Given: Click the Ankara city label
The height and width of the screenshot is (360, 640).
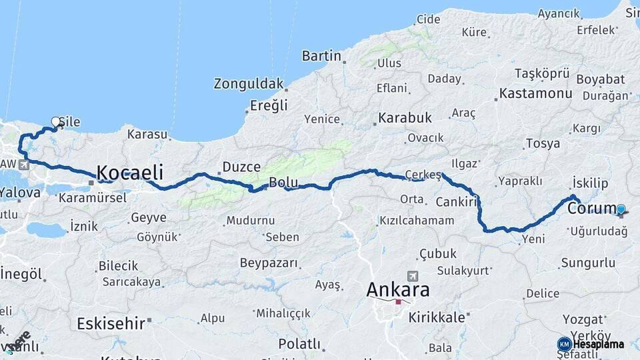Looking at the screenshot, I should coord(398,290).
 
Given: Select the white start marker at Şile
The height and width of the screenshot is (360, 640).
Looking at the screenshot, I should coord(55,122).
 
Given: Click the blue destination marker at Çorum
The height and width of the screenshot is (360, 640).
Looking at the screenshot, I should coord(621,209).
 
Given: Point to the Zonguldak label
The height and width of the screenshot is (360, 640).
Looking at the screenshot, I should coord(248,84).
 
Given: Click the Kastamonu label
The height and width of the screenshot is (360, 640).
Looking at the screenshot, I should coord(535,93).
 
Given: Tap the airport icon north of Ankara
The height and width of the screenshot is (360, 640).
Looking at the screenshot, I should coord(412,275).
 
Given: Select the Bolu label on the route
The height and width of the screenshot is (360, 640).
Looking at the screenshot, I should coord(283,183).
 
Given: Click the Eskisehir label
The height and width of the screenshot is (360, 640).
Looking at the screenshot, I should coord(111,324).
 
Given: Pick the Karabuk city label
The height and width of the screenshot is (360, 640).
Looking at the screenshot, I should coord(405,118).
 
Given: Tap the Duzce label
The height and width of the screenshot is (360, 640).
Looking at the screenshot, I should coord(241,167).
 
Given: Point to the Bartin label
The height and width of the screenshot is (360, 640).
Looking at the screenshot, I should coord(321,56).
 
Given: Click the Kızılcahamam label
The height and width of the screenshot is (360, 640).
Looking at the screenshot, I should coord(417,220).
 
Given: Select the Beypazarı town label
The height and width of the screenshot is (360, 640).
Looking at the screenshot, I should coord(269,263).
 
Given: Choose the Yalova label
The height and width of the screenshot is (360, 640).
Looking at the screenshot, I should coord(19,192).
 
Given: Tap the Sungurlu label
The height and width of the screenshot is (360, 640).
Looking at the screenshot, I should coord(588,263).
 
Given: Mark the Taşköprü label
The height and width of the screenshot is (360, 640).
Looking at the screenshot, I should coord(542,73).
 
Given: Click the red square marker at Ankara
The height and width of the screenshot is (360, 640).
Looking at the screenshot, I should coord(398,302).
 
